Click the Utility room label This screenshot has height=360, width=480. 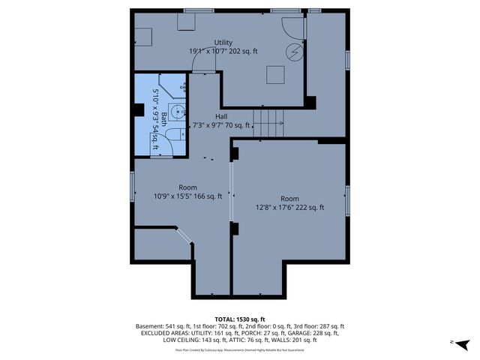tap(223, 42)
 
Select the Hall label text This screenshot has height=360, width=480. tap(221, 116)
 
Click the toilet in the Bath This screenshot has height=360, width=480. tap(174, 134)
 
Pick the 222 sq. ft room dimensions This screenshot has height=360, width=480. tap(289, 208)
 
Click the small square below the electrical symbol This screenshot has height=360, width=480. tap(277, 74)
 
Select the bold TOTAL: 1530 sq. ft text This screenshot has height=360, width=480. tap(240, 319)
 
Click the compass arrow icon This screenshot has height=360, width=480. tap(463, 343)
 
